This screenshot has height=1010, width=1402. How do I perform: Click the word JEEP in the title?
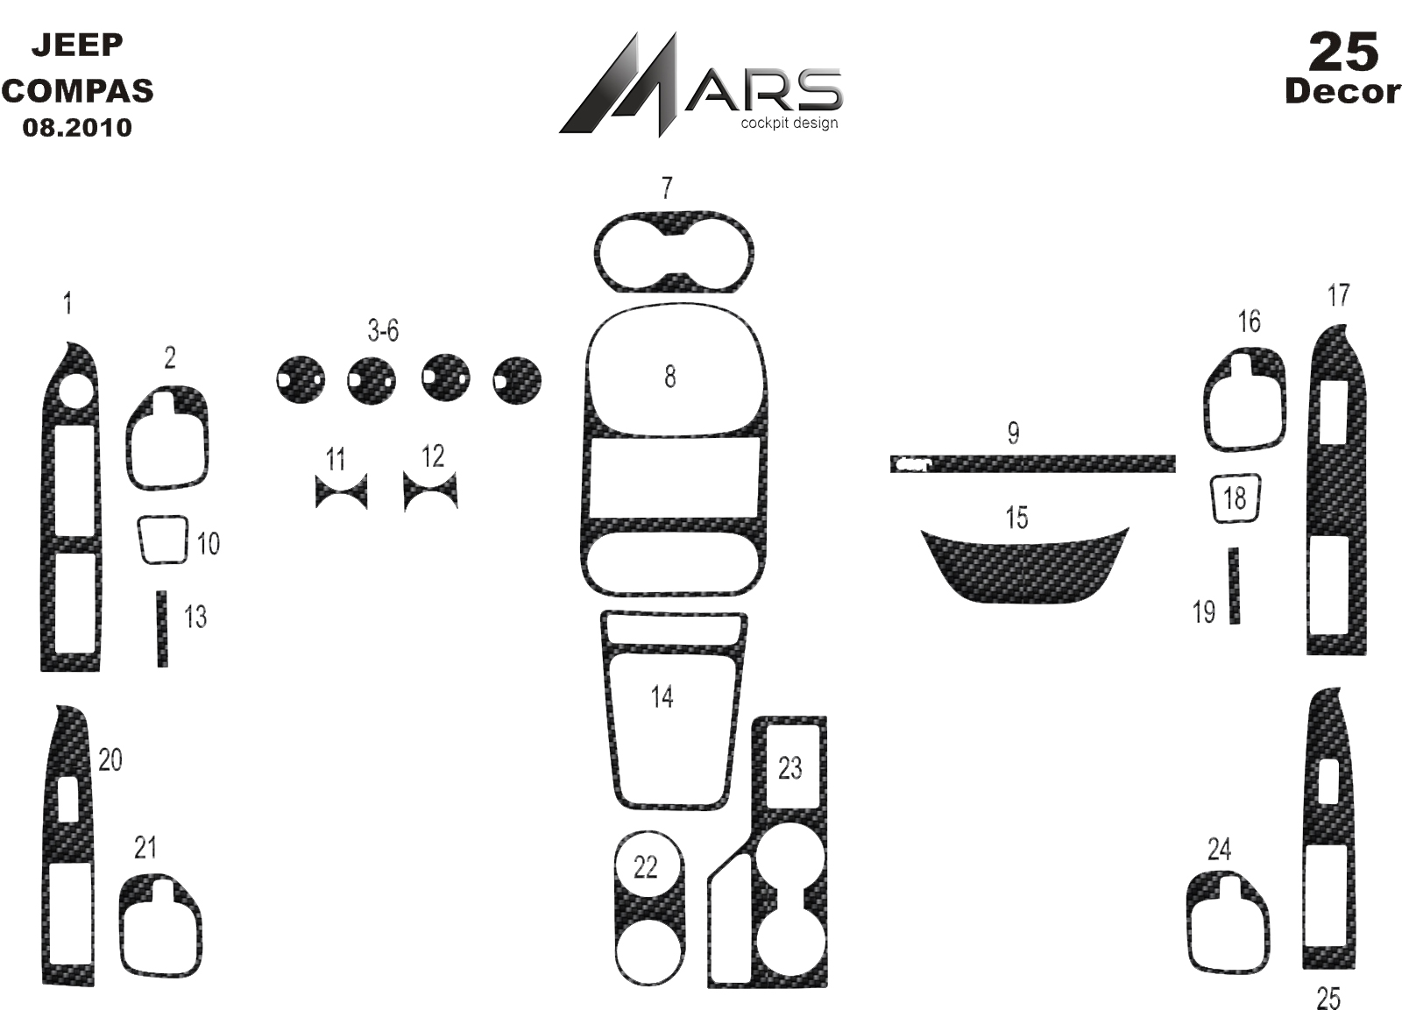coord(77,45)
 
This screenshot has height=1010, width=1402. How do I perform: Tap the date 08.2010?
coord(77,128)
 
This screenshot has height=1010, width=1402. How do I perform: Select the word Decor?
coord(1342,93)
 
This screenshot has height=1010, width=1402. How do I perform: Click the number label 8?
coord(669,377)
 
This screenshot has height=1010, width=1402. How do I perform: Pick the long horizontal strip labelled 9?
coord(1033,463)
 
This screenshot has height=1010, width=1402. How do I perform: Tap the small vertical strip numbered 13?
coord(162,629)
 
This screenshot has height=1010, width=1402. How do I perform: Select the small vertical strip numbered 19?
coord(1234,586)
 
